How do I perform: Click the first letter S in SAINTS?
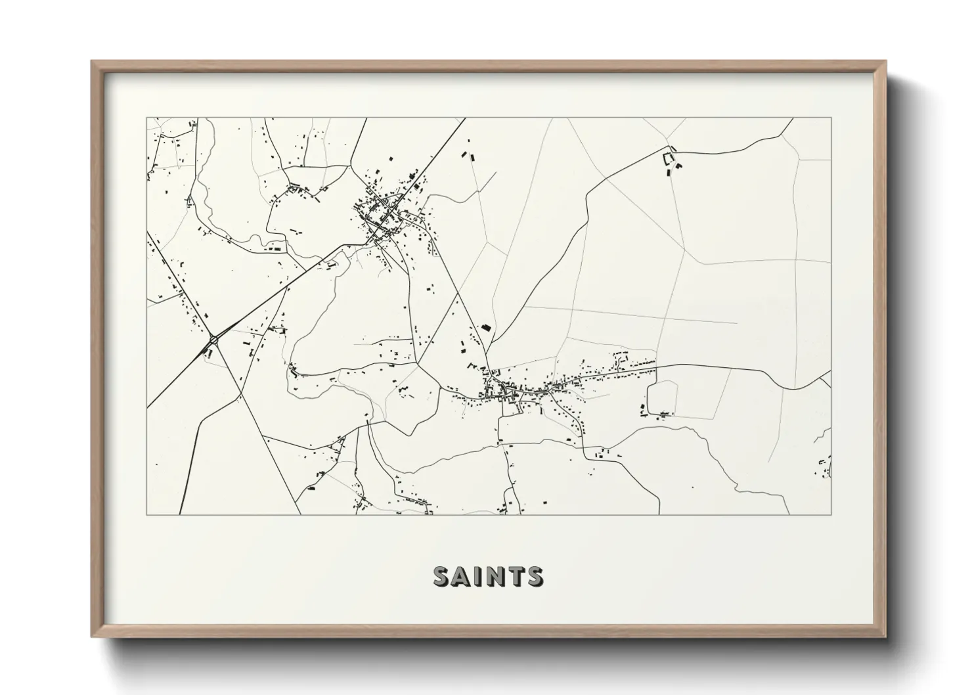441,576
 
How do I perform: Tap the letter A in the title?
461,576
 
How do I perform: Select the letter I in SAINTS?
477,576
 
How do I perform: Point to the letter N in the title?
494,576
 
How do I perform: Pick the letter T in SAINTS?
515,576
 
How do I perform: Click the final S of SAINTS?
534,576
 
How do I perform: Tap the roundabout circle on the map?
213,340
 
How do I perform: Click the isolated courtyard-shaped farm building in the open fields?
671,158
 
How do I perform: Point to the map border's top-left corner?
147,118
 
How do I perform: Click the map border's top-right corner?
831,118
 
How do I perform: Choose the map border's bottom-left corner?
147,514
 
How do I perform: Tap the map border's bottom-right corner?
831,514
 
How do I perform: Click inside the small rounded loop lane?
662,397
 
